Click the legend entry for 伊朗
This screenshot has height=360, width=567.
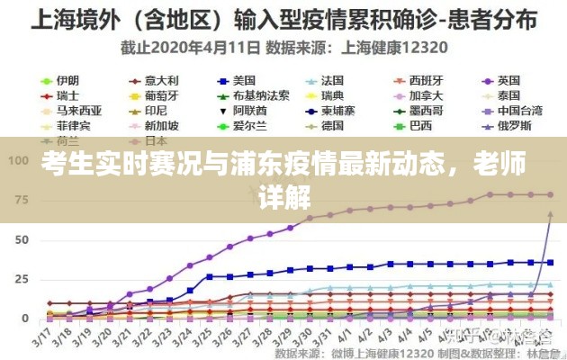tap(67, 80)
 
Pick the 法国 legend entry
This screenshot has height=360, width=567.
tap(333, 80)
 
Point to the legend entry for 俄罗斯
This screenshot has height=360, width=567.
tap(515, 125)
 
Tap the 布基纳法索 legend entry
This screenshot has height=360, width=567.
tap(261, 95)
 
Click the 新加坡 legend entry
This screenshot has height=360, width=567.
tap(162, 125)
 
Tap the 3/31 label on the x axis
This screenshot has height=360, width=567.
tap(307, 338)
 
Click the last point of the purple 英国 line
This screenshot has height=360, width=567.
tap(550, 195)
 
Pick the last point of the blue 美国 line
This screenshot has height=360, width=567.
tap(550, 262)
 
